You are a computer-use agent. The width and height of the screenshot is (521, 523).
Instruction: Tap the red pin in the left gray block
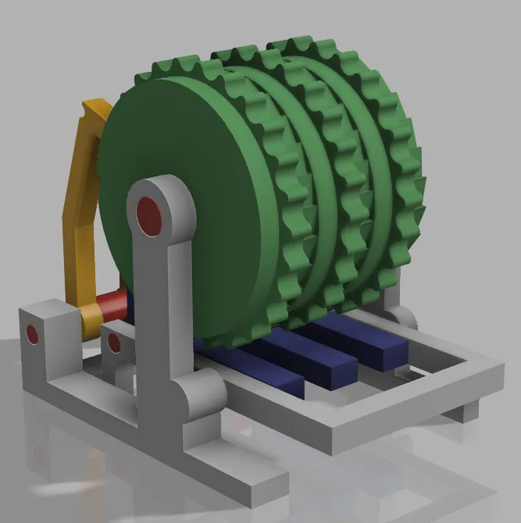32,334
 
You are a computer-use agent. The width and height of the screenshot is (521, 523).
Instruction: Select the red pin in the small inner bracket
114,343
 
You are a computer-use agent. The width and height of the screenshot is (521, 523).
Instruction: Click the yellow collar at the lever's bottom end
90,315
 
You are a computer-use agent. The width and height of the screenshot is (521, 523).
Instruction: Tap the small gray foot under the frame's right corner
466,411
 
